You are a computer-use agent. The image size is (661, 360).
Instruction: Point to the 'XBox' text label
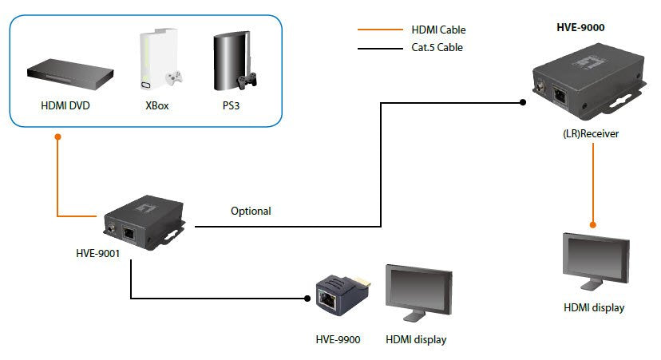coord(156,105)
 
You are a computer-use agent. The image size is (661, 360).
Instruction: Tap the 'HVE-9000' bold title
coord(580,27)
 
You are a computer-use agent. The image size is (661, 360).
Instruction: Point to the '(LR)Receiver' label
coord(591,134)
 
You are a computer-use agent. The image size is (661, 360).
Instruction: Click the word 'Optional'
coord(251,212)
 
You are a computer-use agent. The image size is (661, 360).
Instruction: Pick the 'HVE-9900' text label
coord(338,340)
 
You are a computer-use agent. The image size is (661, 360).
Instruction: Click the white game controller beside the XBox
coord(174,79)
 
